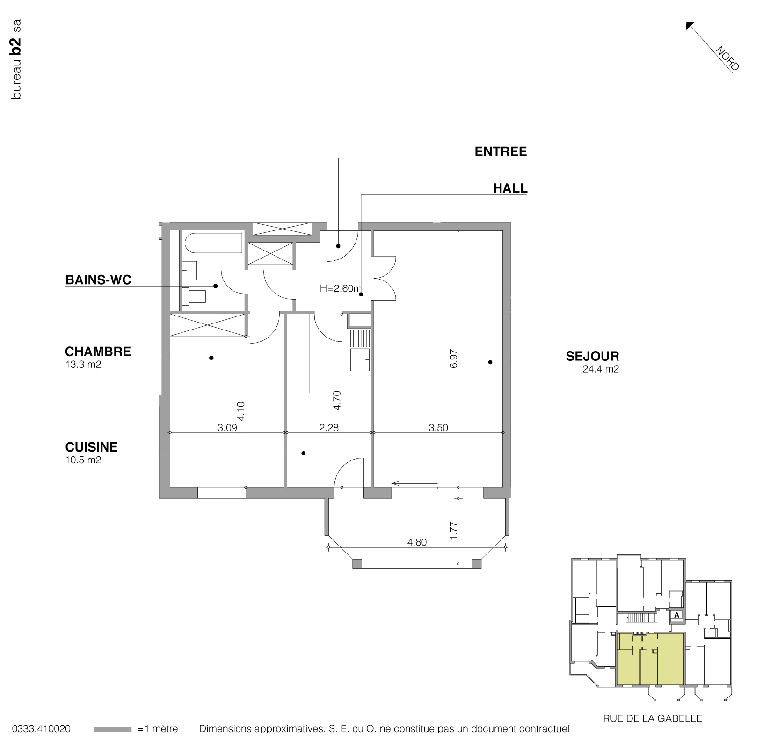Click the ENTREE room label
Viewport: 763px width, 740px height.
501,151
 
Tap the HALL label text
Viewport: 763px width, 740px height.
510,188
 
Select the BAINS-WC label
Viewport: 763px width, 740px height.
98,280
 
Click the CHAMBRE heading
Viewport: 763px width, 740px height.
98,352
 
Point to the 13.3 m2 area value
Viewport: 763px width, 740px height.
83,365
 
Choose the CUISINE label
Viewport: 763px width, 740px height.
91,447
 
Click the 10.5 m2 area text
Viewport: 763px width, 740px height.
83,460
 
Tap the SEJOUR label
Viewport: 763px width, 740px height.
592,356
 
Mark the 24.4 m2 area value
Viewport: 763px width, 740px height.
601,369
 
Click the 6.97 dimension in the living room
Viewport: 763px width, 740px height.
453,359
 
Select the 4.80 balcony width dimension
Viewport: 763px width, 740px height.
417,542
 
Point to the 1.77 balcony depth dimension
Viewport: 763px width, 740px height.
453,531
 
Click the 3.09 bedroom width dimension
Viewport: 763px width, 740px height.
227,428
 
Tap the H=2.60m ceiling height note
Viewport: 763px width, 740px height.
341,288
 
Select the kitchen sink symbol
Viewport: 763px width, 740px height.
360,360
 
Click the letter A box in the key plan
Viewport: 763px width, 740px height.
676,615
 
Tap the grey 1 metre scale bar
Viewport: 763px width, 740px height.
113,729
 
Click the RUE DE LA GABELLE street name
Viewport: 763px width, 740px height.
652,718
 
